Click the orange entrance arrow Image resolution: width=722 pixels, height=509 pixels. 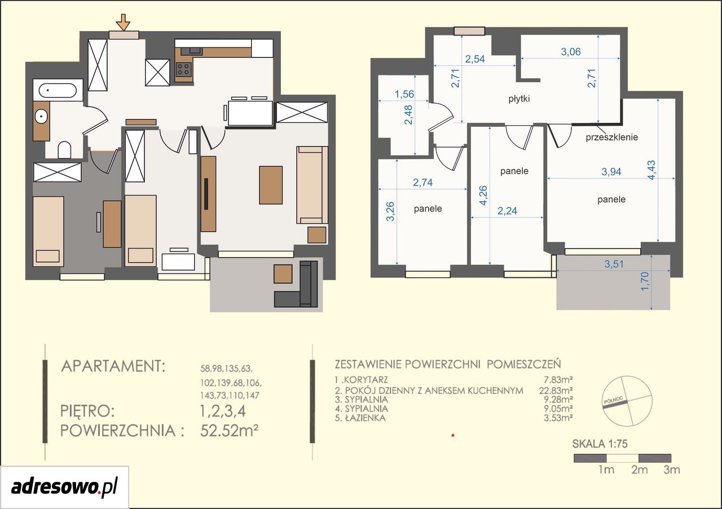pos(123,22)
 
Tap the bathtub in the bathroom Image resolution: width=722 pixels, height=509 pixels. pos(58,90)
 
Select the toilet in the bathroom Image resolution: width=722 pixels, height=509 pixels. pos(64,150)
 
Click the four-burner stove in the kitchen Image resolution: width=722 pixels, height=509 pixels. pos(183,69)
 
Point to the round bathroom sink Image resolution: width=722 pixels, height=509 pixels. pos(41,116)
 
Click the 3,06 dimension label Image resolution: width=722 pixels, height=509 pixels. pos(571,51)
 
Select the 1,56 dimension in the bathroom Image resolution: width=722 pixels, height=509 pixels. pos(404,94)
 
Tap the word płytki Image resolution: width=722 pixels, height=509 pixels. pos(520,99)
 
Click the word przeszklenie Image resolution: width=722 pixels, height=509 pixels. pos(612,137)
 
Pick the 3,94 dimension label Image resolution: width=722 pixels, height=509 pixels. pos(611,172)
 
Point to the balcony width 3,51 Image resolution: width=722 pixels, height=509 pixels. pos(614,264)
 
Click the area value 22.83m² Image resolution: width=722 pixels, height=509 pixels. pos(556,391)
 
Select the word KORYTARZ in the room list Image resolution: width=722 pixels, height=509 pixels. pos(366,380)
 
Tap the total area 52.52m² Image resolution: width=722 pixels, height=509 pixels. pos(229,430)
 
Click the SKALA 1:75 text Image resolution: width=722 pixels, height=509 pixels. pos(600,444)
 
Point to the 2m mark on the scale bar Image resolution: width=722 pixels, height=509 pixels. pos(640,470)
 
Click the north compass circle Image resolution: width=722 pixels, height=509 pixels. pos(628,400)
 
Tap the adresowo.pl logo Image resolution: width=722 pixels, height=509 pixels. pos(64,487)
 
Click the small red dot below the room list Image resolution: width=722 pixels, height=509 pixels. pos(453,436)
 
